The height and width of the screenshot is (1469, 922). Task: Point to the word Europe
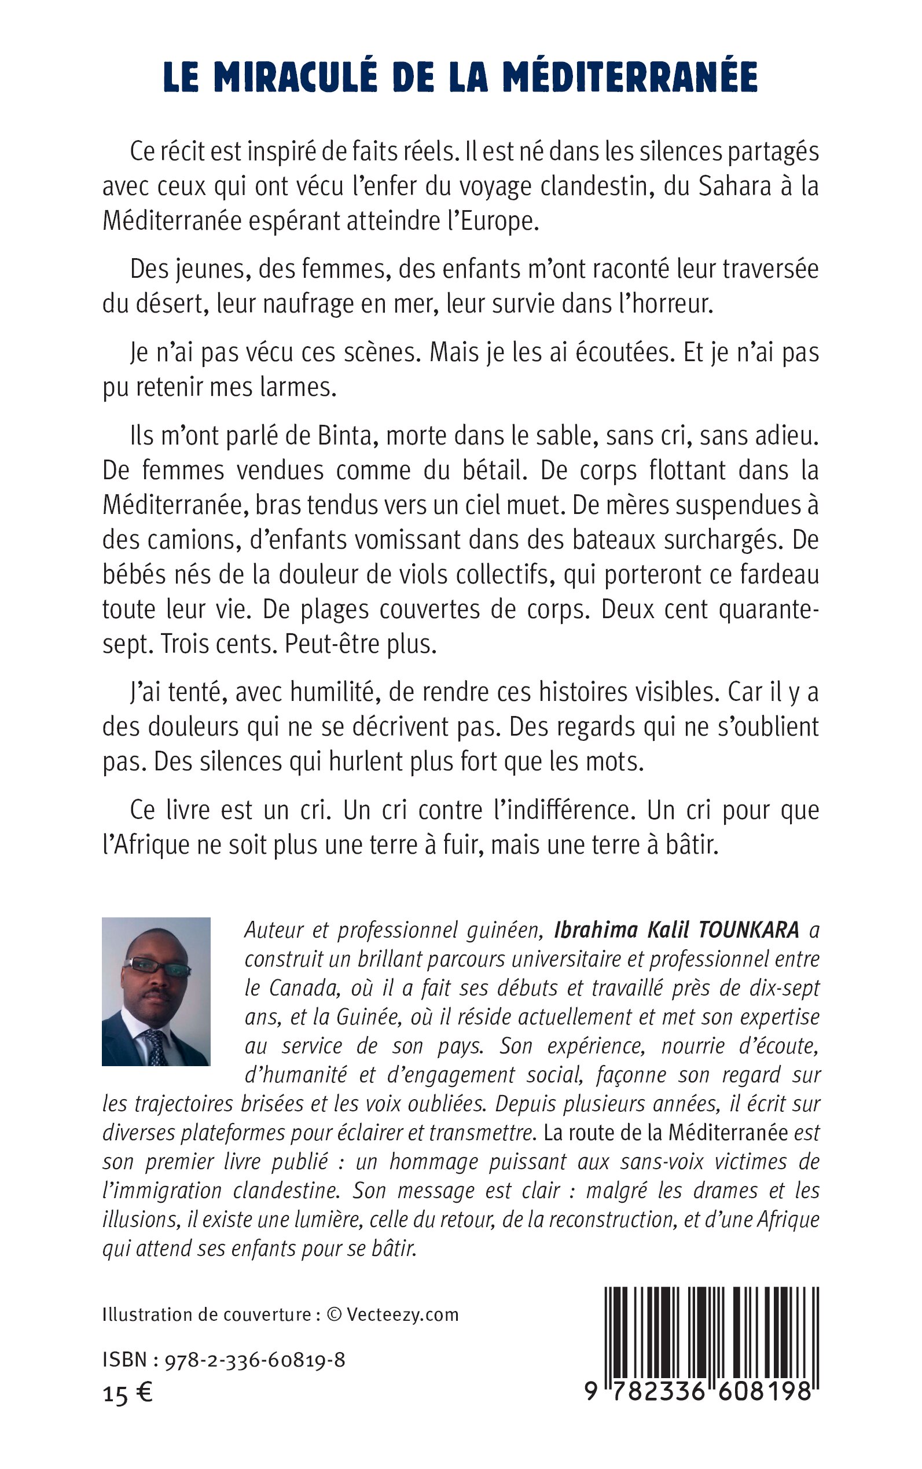click(499, 221)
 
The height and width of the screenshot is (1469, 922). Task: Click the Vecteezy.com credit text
click(402, 1314)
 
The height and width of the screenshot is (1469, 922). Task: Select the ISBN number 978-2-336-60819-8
click(254, 1360)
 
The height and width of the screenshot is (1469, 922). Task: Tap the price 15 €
click(127, 1394)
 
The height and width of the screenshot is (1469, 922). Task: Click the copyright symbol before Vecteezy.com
click(333, 1314)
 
